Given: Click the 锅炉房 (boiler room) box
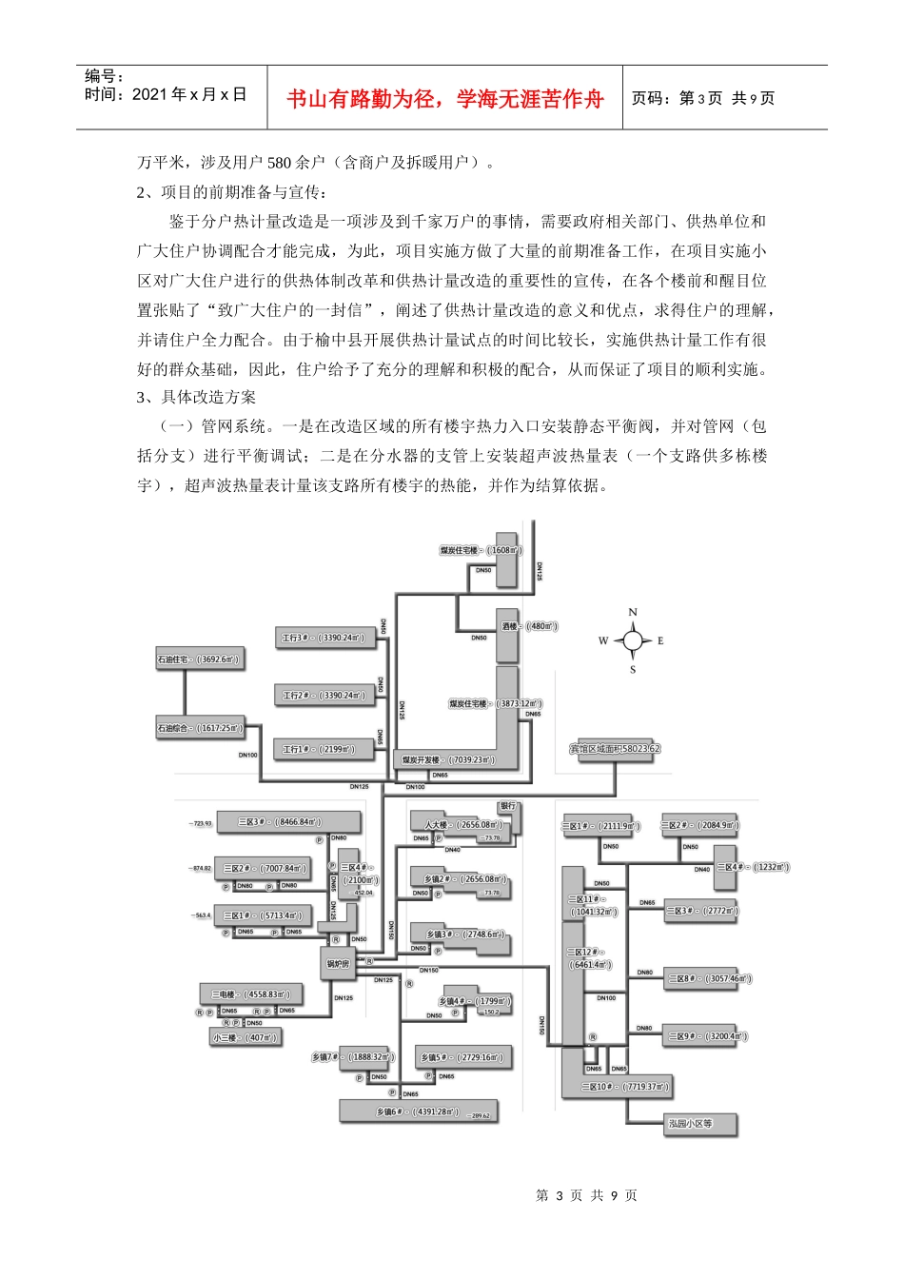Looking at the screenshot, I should pyautogui.click(x=339, y=964).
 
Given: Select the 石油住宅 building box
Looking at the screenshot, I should pyautogui.click(x=199, y=659).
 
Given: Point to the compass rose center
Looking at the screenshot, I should pyautogui.click(x=633, y=640).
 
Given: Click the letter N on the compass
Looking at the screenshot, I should pyautogui.click(x=633, y=613).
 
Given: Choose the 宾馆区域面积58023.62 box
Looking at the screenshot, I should pyautogui.click(x=615, y=749).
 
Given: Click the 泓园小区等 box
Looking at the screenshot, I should pyautogui.click(x=690, y=1124).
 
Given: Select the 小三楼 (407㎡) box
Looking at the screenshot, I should pyautogui.click(x=245, y=1037).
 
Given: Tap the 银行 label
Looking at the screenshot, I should pyautogui.click(x=507, y=806).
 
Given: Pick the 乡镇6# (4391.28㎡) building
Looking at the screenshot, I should pyautogui.click(x=418, y=1112).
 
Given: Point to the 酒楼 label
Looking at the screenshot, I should pyautogui.click(x=510, y=626).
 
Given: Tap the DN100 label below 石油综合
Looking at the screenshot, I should pyautogui.click(x=247, y=755).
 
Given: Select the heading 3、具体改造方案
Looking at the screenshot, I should pyautogui.click(x=196, y=397).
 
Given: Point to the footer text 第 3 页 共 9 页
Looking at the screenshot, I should pyautogui.click(x=586, y=1195).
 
